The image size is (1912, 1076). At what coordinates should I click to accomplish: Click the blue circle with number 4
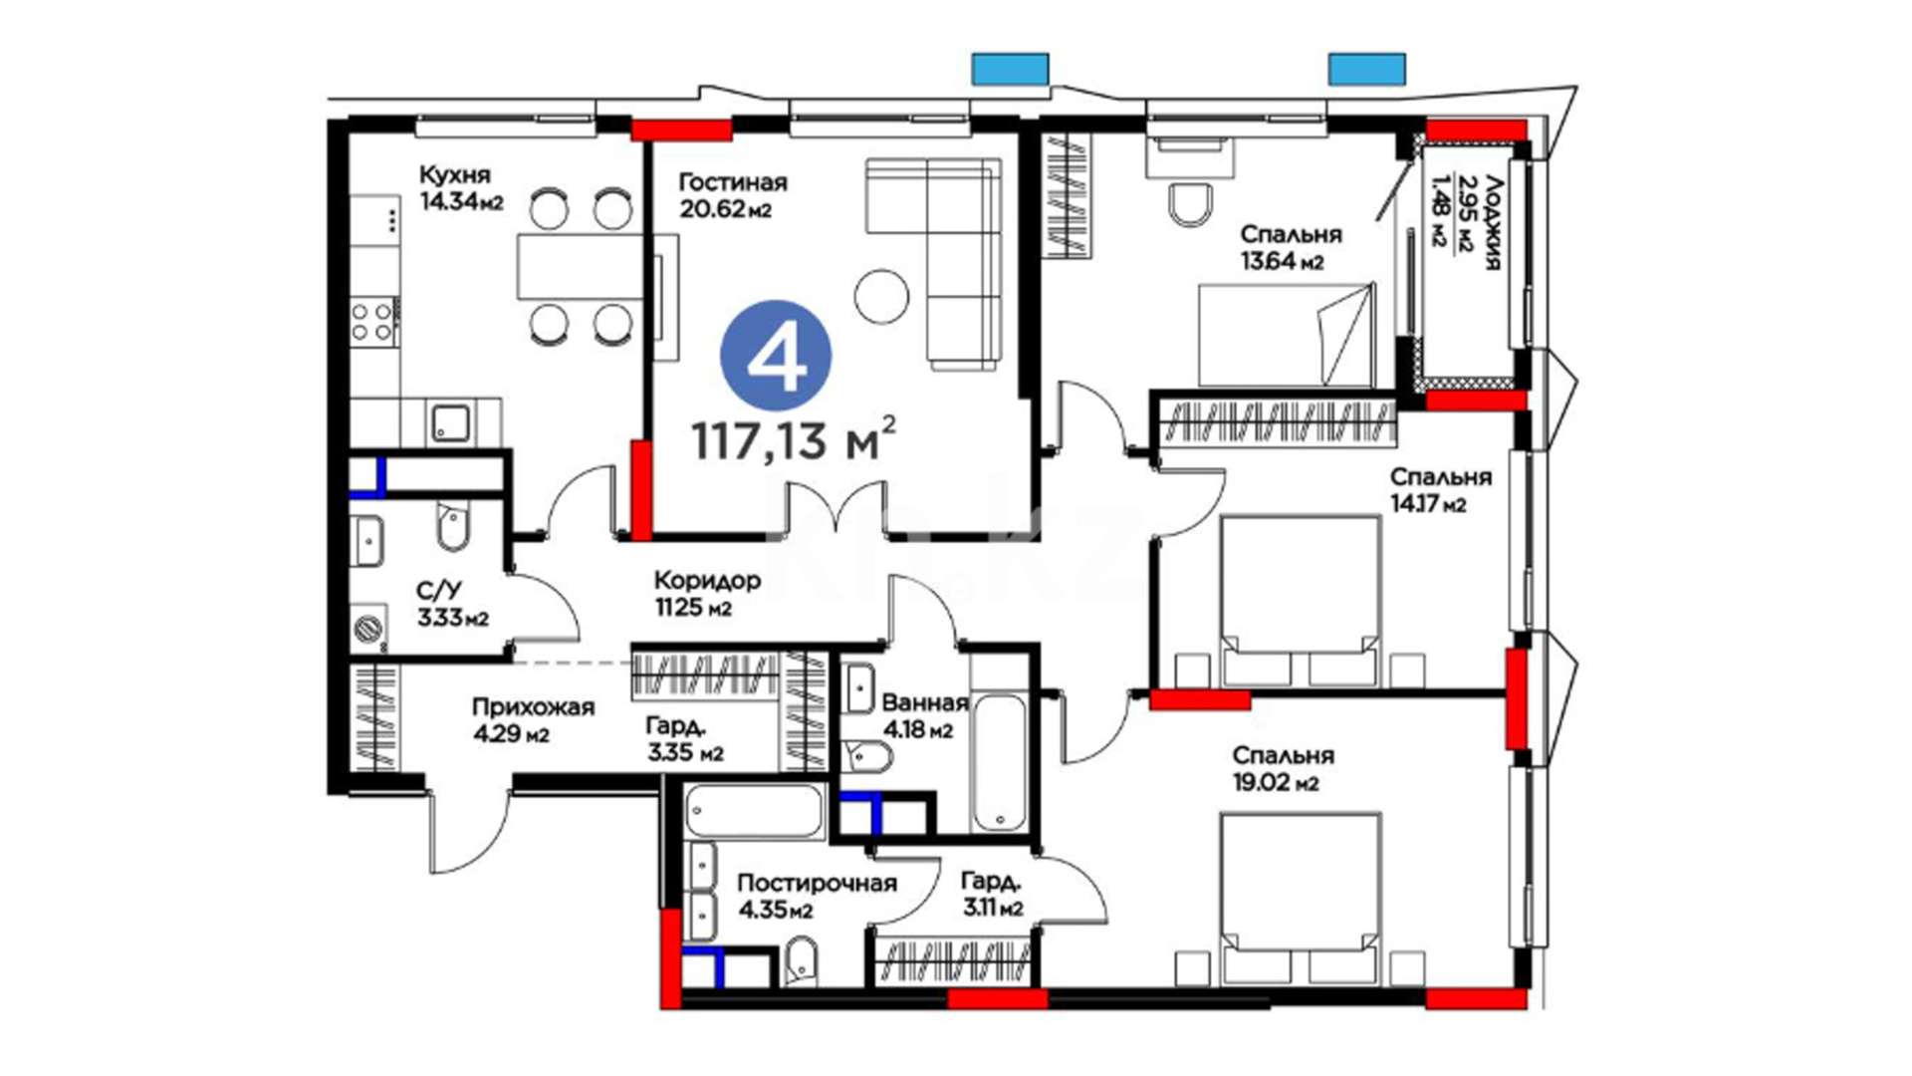(x=776, y=356)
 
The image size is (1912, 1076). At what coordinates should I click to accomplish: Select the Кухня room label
(x=454, y=174)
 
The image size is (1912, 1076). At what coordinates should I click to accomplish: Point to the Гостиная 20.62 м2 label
(x=732, y=195)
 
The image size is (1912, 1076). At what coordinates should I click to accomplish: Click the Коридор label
(x=707, y=580)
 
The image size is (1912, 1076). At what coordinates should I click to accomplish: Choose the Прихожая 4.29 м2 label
(x=533, y=720)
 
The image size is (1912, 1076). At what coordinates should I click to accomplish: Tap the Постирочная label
(x=817, y=884)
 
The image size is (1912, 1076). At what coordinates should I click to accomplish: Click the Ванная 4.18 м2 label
(x=925, y=716)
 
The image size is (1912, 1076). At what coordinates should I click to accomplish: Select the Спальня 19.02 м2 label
(x=1283, y=769)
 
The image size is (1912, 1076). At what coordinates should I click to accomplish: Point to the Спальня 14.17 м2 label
(x=1441, y=490)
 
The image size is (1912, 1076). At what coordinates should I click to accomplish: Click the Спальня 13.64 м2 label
(x=1291, y=247)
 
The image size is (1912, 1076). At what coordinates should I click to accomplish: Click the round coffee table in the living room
(x=881, y=296)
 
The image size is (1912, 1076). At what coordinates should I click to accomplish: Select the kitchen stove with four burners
(x=374, y=322)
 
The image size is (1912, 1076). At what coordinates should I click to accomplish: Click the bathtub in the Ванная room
(x=999, y=763)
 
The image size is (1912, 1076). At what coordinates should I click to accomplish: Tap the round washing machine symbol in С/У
(x=368, y=629)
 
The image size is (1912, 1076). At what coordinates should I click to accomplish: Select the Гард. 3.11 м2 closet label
(x=992, y=895)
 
